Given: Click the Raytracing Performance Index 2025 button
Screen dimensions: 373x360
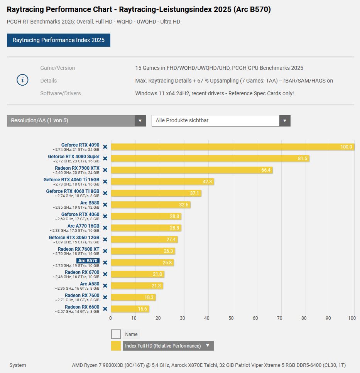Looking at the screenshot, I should [x=58, y=40].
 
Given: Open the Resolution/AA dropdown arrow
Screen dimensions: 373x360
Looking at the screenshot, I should [x=140, y=121].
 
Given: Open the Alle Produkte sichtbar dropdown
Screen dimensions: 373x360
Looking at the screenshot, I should [x=221, y=121].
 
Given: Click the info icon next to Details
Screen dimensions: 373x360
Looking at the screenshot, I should [x=22, y=80].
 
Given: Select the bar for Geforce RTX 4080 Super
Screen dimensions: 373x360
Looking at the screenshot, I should [x=210, y=159].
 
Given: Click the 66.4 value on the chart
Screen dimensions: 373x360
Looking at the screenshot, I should [x=266, y=170].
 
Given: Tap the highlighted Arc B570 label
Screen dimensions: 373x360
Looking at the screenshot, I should [x=88, y=261].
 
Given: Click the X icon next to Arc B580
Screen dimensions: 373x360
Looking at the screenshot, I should [x=105, y=205].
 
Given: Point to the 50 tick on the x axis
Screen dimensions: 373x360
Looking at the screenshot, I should [x=231, y=318].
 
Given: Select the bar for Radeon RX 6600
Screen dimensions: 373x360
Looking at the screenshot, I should [x=130, y=309].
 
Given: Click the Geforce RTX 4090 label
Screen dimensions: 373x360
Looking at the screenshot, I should [x=80, y=145].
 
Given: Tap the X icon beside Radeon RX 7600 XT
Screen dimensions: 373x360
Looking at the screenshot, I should [x=105, y=251].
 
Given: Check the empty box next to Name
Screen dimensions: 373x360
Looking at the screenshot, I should [x=116, y=334].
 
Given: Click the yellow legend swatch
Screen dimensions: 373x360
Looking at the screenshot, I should [x=116, y=346].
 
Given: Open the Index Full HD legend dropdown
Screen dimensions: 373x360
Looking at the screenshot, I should [x=208, y=346].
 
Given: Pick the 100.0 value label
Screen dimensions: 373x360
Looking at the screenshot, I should [x=346, y=147].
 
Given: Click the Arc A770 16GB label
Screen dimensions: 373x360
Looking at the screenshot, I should [x=83, y=226].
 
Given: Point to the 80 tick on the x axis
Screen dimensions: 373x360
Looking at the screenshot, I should [x=304, y=318].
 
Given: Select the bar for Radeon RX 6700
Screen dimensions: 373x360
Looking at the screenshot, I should [x=137, y=274].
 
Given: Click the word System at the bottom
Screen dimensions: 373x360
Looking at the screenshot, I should [x=18, y=365].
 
